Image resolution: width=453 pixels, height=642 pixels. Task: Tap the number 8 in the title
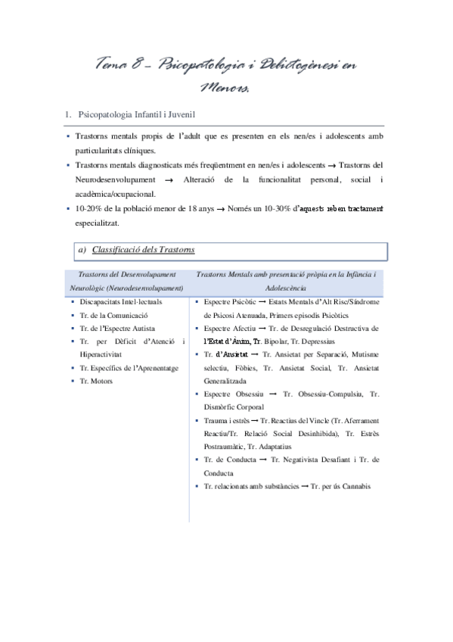coord(143,66)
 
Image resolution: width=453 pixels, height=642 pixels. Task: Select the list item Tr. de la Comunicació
coord(113,314)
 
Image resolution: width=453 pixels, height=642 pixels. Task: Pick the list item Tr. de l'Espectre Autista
coord(117,328)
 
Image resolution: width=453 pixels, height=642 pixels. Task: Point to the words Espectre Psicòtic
coord(231,301)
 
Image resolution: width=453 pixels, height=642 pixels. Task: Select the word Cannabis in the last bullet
coord(355,485)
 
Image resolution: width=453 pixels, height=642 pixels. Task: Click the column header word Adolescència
coord(290,288)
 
